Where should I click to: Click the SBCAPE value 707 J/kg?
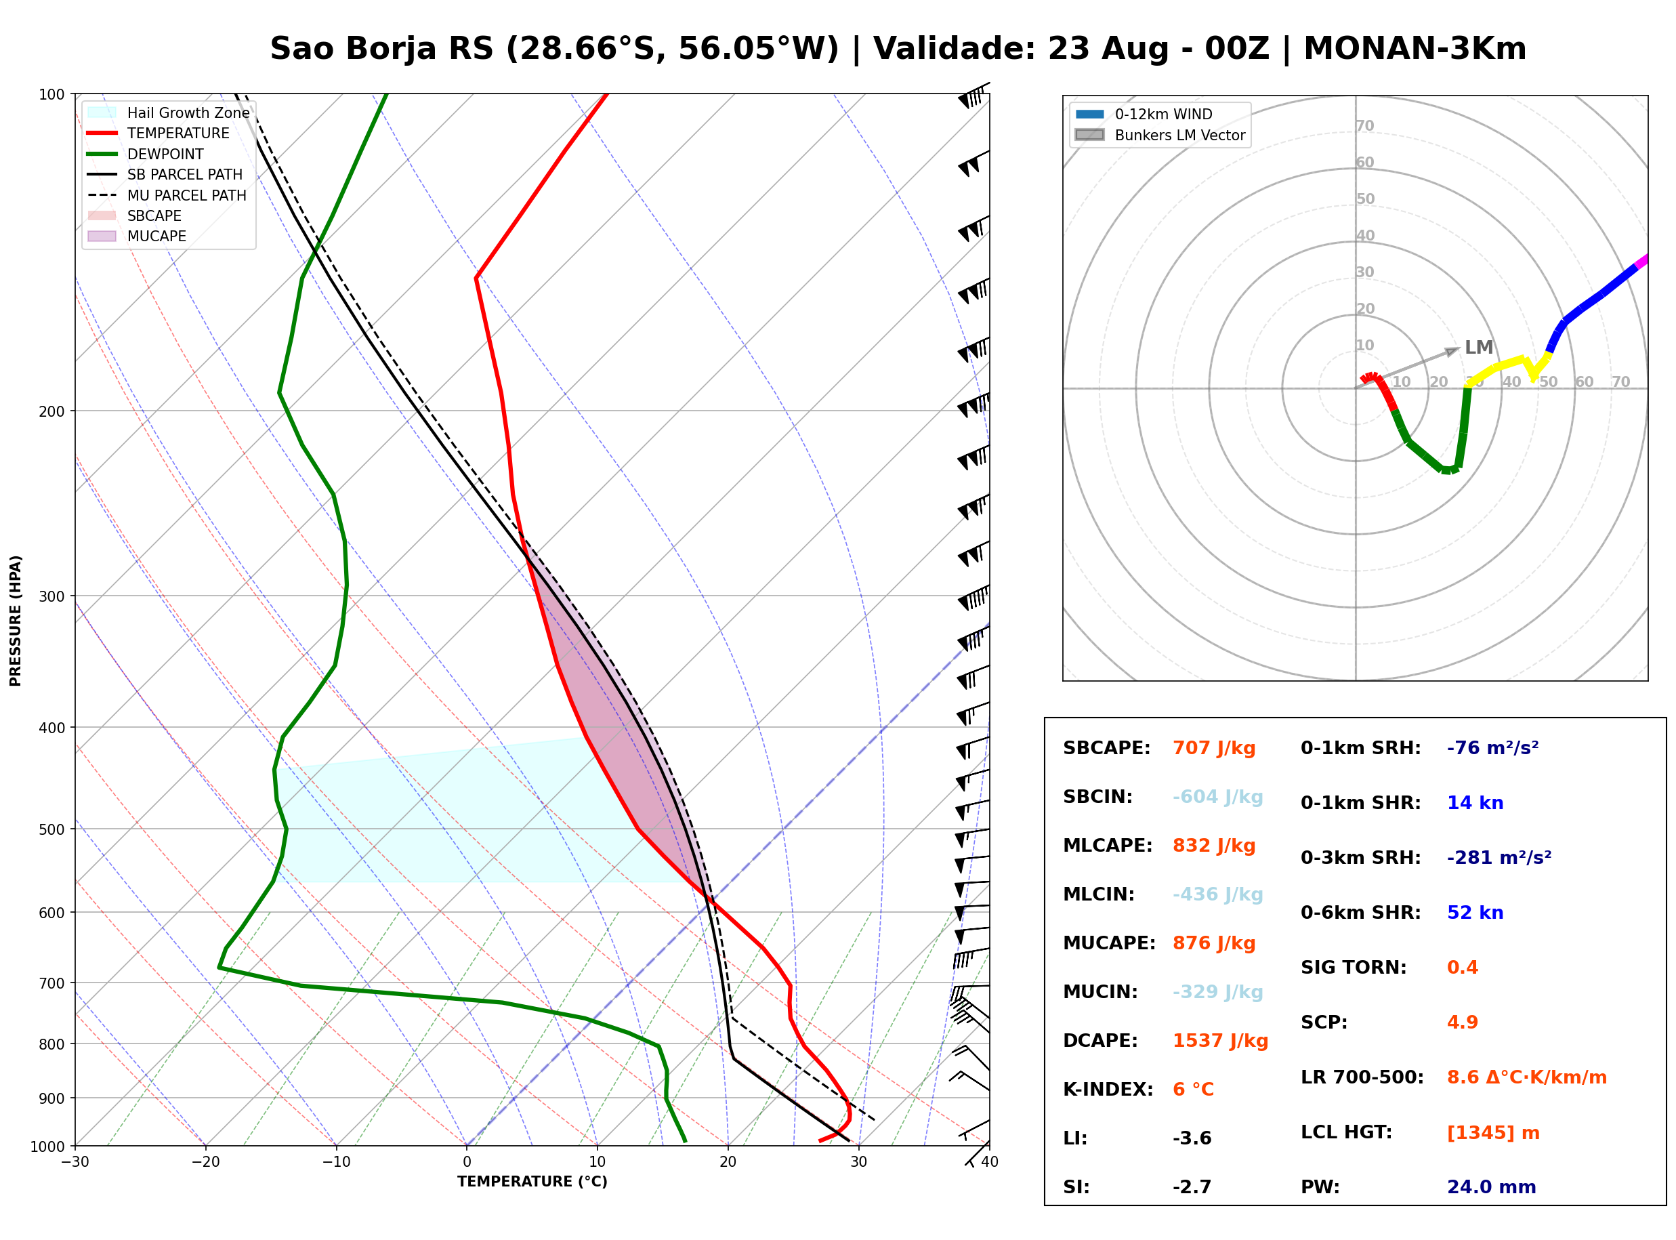pos(1213,748)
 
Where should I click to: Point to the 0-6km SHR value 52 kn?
pos(1475,913)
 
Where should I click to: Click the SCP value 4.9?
pos(1462,1022)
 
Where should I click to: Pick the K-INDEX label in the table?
pos(1108,1090)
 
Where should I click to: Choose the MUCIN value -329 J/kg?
pos(1217,992)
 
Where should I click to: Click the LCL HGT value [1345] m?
pos(1493,1133)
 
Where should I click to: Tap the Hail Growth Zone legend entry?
pos(168,112)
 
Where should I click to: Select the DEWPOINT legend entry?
pos(146,154)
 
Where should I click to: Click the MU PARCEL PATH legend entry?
pos(167,195)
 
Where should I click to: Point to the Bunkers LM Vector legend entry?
pos(1160,135)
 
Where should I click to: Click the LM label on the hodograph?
pos(1479,348)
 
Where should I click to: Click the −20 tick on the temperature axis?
pos(205,1162)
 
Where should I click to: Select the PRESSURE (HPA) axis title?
pos(16,621)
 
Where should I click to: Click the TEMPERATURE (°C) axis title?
pos(532,1182)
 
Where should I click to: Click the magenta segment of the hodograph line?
pos(1641,261)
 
